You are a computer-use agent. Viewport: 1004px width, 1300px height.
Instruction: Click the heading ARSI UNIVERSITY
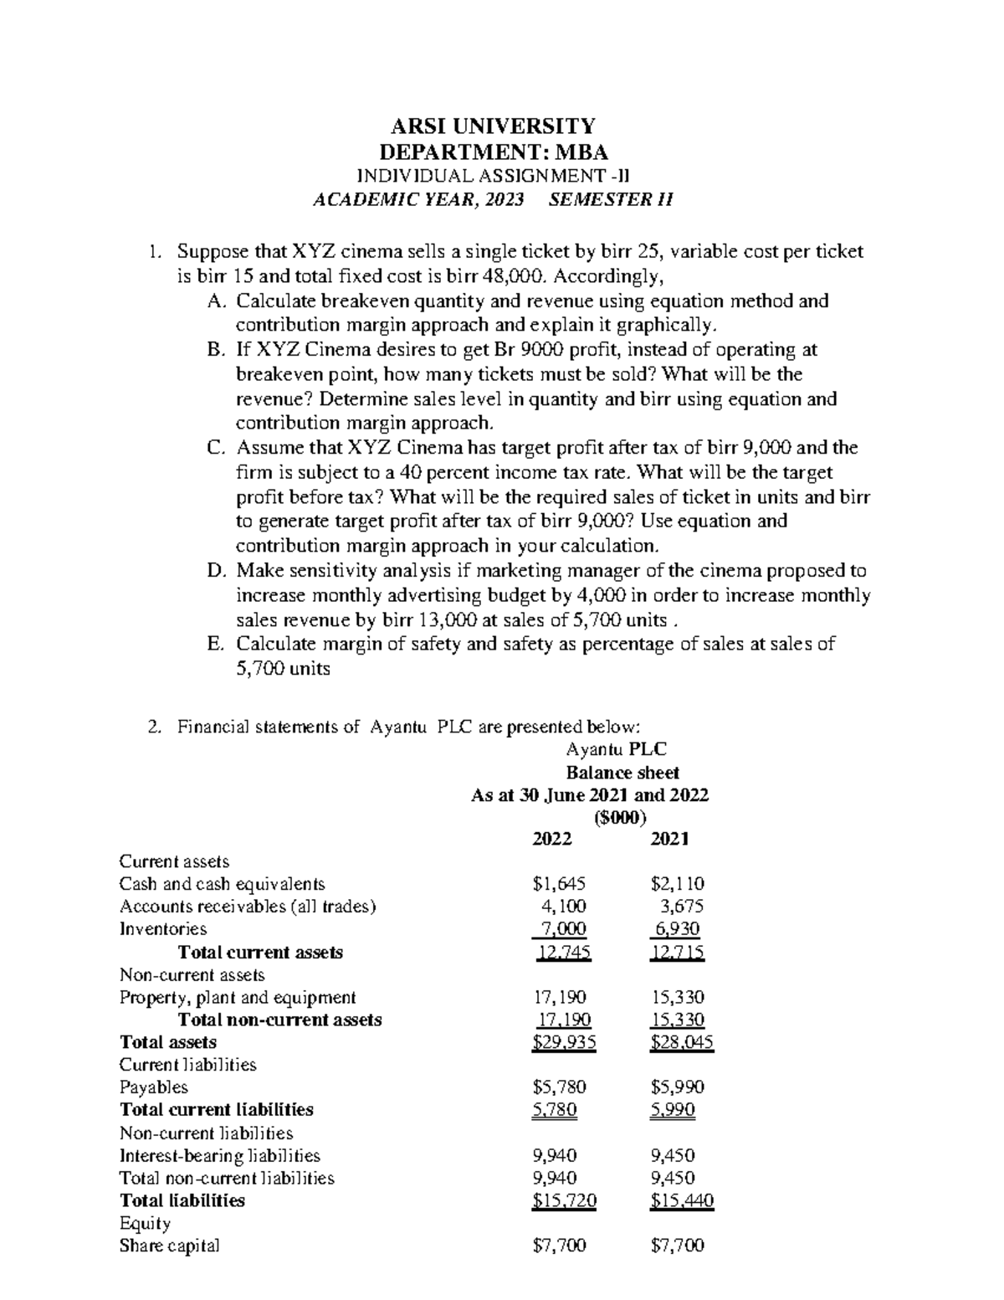click(494, 126)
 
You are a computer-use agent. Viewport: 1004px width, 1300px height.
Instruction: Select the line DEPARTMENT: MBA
click(494, 152)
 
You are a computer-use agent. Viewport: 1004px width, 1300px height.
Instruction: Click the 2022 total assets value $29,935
click(564, 1043)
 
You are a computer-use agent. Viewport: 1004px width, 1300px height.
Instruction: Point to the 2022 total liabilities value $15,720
click(564, 1201)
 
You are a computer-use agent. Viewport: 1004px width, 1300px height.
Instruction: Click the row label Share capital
click(170, 1246)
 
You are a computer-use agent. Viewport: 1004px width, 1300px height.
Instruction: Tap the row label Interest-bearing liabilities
click(220, 1156)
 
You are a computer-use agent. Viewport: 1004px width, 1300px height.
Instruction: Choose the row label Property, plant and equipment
click(238, 998)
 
